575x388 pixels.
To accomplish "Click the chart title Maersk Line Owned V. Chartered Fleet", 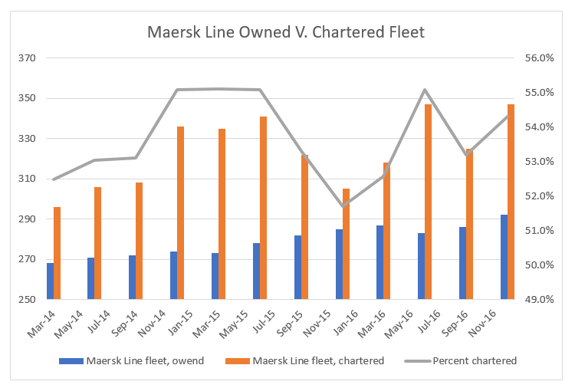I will point(286,32).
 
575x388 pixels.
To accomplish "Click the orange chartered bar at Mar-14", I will point(58,253).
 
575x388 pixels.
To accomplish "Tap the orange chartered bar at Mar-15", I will point(222,214).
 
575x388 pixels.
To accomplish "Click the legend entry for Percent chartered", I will point(475,360).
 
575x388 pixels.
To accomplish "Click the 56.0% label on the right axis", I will point(538,58).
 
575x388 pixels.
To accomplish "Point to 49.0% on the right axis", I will point(538,300).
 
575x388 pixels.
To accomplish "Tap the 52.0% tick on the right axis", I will point(538,196).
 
